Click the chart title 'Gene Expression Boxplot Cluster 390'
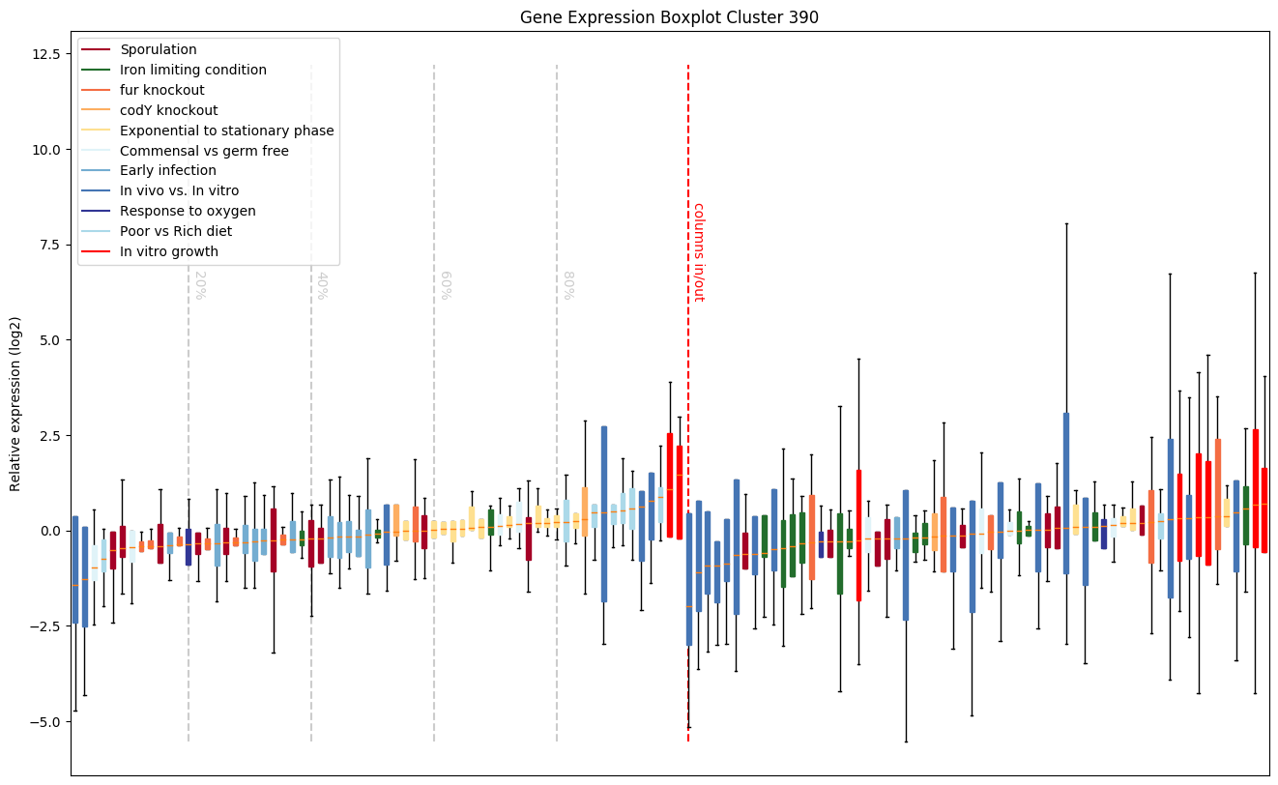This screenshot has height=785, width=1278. (669, 17)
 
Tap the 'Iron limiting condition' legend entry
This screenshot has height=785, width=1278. (193, 70)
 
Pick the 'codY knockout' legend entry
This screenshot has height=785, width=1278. (169, 110)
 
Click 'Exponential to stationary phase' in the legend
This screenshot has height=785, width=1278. (227, 131)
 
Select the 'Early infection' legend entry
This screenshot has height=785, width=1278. (168, 171)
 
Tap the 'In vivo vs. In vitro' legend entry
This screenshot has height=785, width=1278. (180, 191)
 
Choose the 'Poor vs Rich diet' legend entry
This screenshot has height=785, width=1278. (176, 232)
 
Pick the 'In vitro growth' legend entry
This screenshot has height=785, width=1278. (169, 252)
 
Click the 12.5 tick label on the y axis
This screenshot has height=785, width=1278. (45, 54)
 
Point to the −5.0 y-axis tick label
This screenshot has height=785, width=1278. (45, 722)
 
